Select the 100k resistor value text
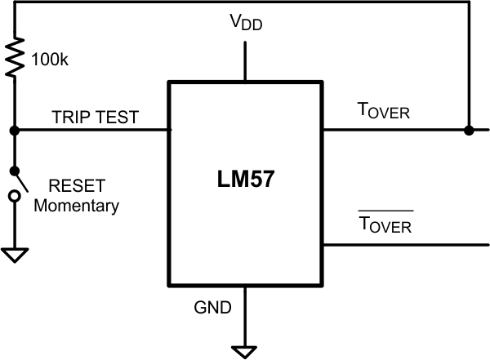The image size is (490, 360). (51, 59)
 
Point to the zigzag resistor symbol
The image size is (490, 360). (14, 56)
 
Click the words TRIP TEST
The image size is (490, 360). (96, 117)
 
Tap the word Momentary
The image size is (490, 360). (76, 205)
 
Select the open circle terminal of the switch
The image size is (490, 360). (14, 197)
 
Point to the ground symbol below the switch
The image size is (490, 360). (14, 256)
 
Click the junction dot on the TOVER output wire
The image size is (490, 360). (468, 130)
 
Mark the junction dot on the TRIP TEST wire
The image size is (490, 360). (14, 130)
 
